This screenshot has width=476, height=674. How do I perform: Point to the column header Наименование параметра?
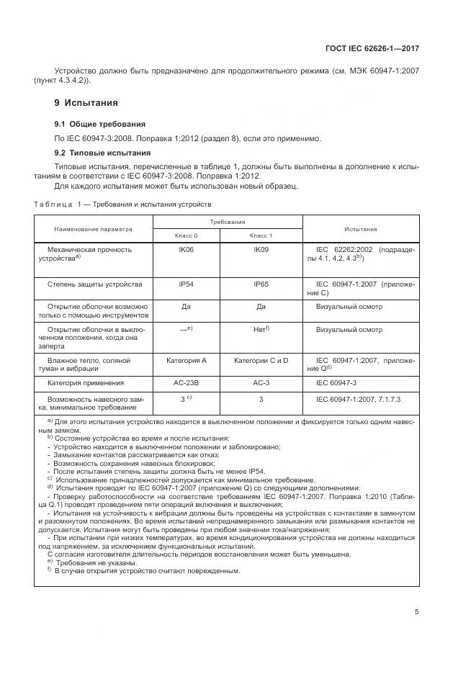[x=94, y=229]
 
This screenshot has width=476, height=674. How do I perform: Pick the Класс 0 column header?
[x=186, y=235]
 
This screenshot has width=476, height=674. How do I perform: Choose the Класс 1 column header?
[x=261, y=235]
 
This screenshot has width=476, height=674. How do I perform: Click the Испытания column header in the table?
[x=360, y=229]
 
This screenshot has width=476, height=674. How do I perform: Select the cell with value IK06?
[x=186, y=248]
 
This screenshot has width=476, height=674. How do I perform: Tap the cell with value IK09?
[x=261, y=248]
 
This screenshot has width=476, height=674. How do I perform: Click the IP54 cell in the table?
[x=186, y=284]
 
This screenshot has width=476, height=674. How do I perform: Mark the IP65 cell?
[x=261, y=284]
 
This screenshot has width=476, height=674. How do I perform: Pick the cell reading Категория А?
[x=186, y=359]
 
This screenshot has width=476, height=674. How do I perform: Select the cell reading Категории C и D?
[x=261, y=359]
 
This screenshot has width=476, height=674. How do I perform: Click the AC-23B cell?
[x=186, y=383]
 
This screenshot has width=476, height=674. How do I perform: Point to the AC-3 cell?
[x=261, y=383]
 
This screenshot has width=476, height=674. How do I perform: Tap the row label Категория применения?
[x=86, y=383]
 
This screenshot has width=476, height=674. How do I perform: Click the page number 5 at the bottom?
[x=417, y=612]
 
